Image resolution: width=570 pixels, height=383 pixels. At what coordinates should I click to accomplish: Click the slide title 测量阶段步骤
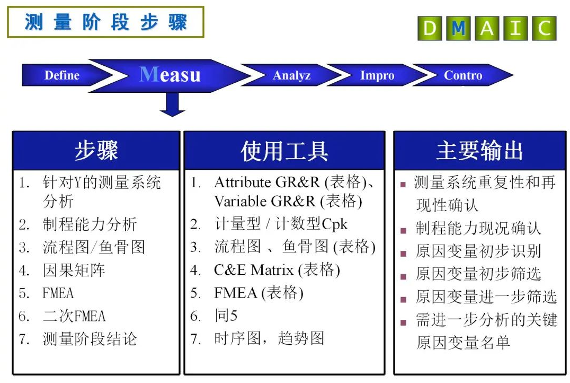coord(106,22)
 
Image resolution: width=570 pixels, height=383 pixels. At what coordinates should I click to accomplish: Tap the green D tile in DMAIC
coord(430,28)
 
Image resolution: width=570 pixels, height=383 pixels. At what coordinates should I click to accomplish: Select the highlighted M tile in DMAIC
coord(458,28)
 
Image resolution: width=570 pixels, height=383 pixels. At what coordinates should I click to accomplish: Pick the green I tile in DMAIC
coord(515,28)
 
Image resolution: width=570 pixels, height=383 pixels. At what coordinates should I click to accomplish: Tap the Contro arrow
coord(462,75)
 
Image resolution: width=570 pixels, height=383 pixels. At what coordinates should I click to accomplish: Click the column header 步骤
coord(96,150)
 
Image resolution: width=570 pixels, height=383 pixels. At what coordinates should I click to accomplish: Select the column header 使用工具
coord(284,150)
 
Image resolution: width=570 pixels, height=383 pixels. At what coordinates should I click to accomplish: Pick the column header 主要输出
coord(480,150)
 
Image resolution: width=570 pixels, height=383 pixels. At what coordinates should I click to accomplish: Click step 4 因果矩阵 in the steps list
coord(74,270)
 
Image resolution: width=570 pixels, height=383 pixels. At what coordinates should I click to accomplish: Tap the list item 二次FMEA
coord(74,316)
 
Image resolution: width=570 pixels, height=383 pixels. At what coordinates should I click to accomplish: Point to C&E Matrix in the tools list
coord(254,270)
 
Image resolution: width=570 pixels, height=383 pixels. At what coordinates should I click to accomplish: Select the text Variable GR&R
coord(265,201)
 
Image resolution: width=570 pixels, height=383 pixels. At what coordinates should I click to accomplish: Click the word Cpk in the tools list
coord(334,224)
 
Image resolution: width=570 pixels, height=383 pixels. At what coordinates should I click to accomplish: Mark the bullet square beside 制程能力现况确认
coord(403,230)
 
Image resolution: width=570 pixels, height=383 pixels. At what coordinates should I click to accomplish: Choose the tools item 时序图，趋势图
coord(269,338)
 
